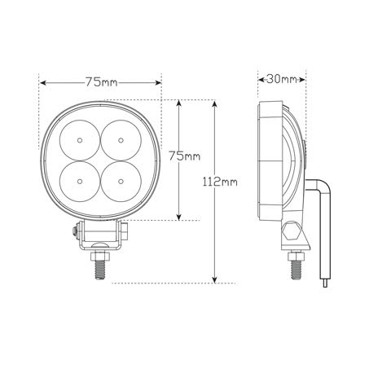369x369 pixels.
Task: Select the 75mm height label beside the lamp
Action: pyautogui.click(x=184, y=156)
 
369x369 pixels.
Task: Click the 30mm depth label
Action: pyautogui.click(x=282, y=80)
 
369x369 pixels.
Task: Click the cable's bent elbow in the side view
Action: pyautogui.click(x=323, y=188)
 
